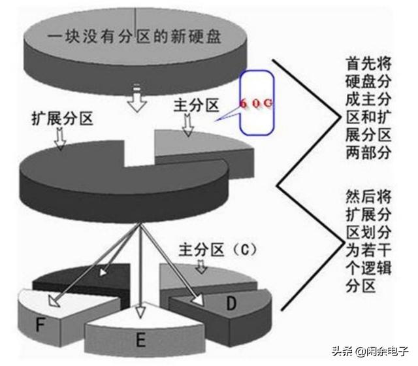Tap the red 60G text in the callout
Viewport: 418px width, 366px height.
257,103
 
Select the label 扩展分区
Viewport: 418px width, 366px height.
63,118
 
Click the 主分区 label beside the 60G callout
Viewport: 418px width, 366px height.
197,105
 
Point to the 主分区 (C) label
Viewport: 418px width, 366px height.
218,250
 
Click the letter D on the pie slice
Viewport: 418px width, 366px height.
231,303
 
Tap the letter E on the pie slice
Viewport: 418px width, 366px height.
141,340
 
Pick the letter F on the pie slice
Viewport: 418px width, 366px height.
40,325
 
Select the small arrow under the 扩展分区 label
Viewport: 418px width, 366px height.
60,138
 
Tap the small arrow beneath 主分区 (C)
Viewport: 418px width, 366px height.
201,266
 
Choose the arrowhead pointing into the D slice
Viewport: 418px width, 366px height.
199,299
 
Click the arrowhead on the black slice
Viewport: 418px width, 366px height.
103,273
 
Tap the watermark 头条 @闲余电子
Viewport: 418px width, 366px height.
370,350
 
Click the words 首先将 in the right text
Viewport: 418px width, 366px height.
368,64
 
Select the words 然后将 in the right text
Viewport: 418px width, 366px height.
368,197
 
